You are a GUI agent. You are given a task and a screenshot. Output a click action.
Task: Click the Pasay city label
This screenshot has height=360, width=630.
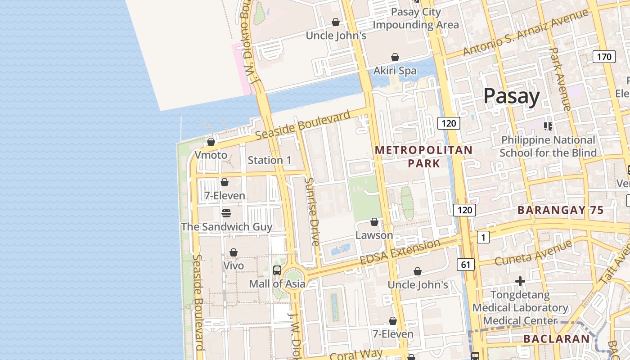point(511,96)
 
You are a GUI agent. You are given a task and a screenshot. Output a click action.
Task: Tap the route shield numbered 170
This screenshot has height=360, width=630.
point(604,57)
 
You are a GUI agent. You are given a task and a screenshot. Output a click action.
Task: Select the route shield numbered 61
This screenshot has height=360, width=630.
point(465,265)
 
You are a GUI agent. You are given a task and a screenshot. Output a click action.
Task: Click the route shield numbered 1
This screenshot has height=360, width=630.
point(483,237)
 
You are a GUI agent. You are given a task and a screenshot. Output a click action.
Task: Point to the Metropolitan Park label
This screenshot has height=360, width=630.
point(423,156)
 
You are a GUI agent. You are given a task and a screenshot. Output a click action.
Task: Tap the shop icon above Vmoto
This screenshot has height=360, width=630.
point(211,142)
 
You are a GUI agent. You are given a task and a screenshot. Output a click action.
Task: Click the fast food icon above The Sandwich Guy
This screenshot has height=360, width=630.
point(226,213)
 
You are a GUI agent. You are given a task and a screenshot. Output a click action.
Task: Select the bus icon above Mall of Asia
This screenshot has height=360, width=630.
point(277,270)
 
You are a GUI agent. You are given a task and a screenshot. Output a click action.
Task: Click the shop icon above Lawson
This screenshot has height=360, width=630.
point(374,222)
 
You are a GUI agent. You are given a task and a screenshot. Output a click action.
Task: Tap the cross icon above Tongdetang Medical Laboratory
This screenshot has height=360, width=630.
point(520,282)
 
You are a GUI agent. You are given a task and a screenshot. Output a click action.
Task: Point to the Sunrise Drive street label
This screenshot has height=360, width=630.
point(312,211)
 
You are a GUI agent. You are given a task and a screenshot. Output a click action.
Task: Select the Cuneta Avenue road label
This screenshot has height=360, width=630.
point(533,253)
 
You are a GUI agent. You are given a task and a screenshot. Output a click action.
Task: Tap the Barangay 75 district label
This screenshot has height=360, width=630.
point(560,210)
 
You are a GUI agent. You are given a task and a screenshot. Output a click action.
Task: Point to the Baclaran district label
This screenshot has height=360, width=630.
point(556,339)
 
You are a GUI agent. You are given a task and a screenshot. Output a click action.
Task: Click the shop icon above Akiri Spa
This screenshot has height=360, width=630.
point(395,57)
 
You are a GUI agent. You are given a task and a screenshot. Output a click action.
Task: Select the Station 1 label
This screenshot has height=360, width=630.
point(270,160)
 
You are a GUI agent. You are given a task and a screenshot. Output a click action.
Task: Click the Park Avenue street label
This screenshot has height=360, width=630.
point(560,79)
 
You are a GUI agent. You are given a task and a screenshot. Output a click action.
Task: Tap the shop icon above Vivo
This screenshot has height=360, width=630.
point(234,253)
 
